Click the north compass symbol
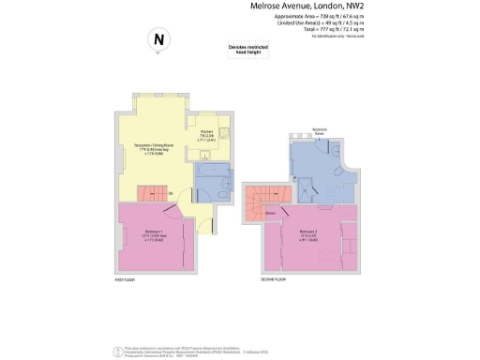(158, 39)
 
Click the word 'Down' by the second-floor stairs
(269, 213)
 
